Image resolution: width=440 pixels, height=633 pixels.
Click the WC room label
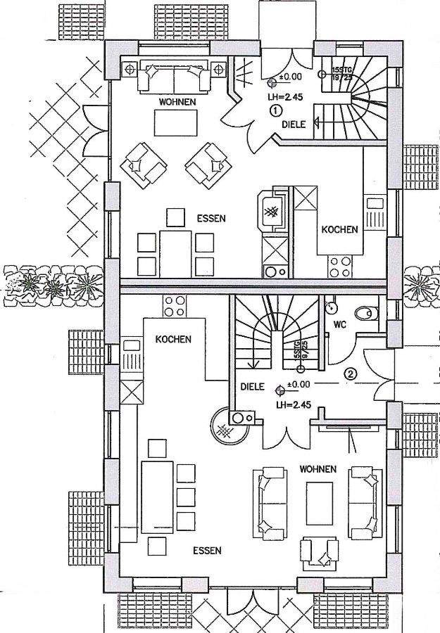[340, 326]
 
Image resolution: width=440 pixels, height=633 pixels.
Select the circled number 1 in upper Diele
[275, 110]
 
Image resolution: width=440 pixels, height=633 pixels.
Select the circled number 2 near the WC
[350, 373]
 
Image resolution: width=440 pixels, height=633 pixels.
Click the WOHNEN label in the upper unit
[177, 102]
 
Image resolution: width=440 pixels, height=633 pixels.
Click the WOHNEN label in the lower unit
[318, 468]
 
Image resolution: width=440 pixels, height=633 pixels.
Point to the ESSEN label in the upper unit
[211, 218]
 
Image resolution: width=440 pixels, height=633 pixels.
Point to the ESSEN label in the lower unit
[207, 550]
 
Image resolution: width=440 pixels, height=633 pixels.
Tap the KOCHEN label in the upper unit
[340, 229]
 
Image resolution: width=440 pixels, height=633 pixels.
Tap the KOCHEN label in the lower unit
[173, 339]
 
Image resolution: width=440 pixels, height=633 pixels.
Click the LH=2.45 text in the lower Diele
[294, 405]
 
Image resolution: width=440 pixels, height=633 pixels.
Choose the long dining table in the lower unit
[157, 497]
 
